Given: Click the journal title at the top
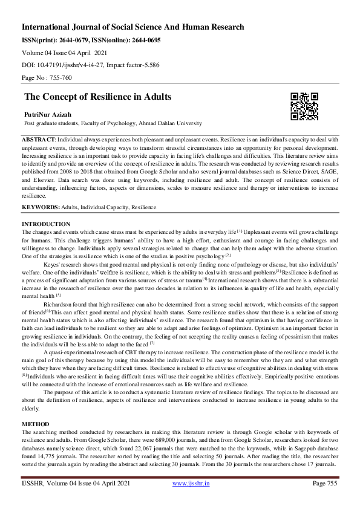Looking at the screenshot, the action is (x=133, y=27).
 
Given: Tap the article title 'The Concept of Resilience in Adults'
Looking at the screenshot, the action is (x=97, y=97).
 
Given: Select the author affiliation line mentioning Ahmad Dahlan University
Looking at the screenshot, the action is (x=113, y=123).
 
